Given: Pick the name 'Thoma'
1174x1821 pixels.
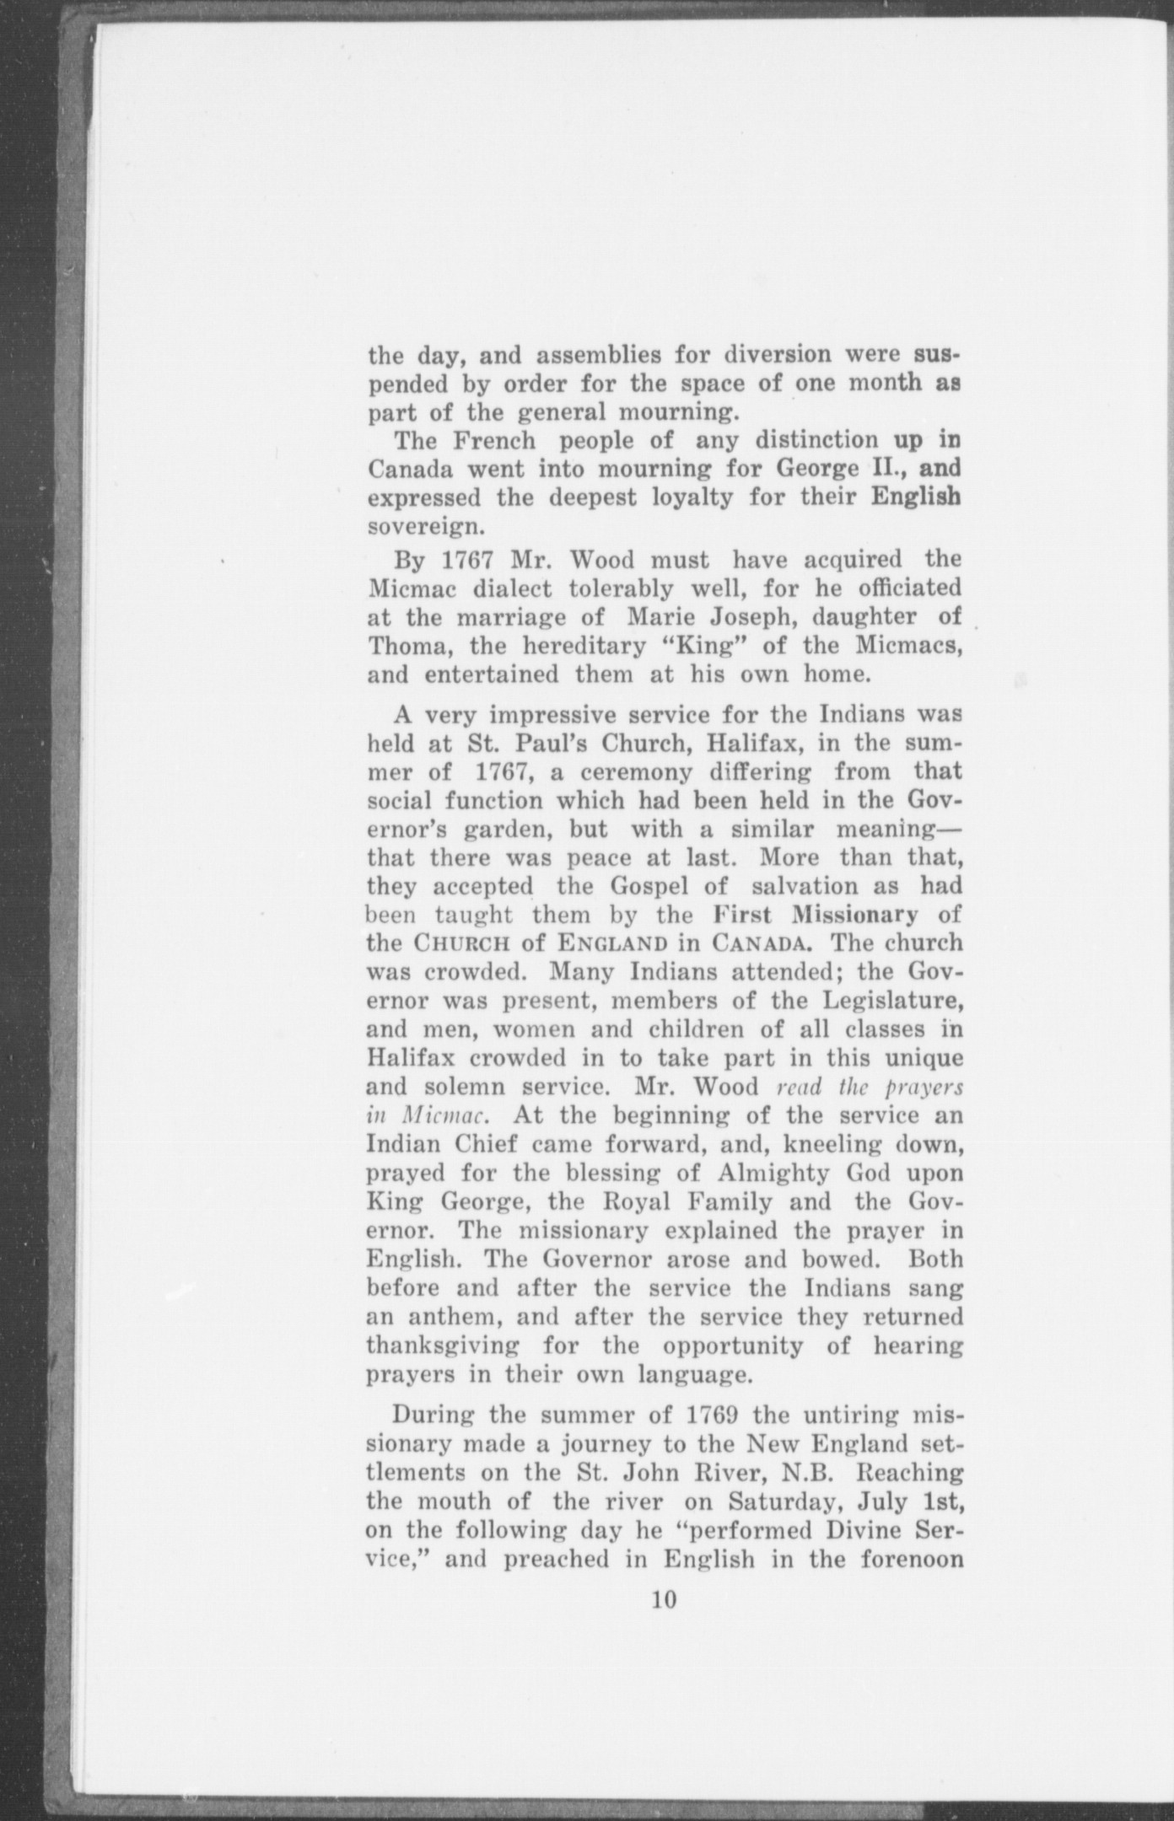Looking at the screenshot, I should click(x=401, y=646).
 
